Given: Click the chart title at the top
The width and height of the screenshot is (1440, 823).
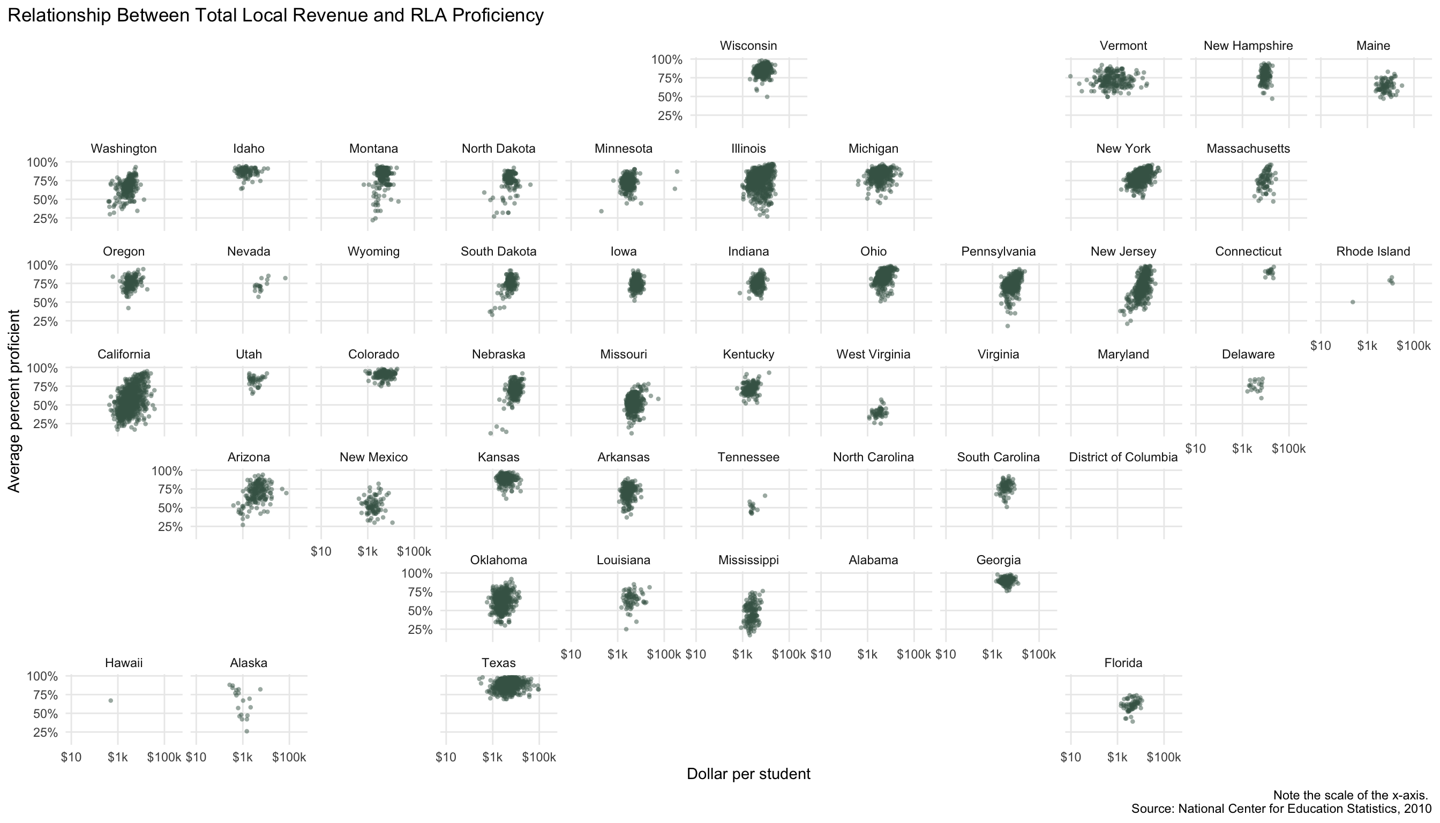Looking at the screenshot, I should coord(275,15).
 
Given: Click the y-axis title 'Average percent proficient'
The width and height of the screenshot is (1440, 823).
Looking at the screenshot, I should coord(14,401).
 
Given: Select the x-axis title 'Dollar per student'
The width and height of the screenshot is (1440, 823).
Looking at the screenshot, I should coord(748,774).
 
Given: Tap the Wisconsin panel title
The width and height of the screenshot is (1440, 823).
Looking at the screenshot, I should coord(748,46).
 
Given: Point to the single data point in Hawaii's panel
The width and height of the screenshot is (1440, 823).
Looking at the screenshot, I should coord(111,700).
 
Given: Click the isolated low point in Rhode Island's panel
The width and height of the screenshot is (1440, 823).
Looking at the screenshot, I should coord(1352,302).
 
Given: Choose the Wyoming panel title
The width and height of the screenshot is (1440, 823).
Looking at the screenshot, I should coord(373,251).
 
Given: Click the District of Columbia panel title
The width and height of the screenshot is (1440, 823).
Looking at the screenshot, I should coord(1123,457).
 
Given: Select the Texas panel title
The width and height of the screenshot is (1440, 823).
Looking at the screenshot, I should coord(498,663).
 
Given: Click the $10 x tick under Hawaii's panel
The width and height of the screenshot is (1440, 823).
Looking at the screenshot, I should coord(71,757).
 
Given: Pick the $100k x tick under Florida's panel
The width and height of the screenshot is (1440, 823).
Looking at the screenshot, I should coord(1164,757).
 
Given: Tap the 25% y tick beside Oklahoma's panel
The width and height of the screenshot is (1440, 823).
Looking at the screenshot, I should coord(417,630).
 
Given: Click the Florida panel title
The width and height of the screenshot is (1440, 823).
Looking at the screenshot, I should coord(1123,663).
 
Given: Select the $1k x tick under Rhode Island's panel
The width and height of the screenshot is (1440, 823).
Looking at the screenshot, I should coord(1367,346).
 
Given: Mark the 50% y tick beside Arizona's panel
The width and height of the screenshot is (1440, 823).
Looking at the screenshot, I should coord(167,508).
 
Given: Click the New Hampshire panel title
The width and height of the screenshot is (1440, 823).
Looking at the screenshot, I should coord(1248,46).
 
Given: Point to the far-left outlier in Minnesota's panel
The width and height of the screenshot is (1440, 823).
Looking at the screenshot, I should coord(601,212).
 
